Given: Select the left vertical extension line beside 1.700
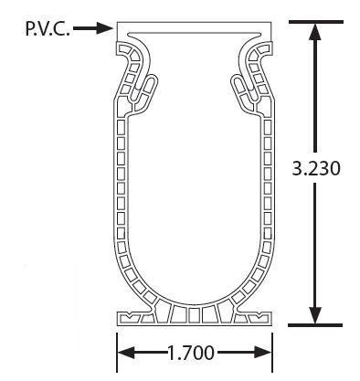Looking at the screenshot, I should pos(116,352).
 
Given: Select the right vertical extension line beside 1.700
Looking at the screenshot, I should pos(273,352).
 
